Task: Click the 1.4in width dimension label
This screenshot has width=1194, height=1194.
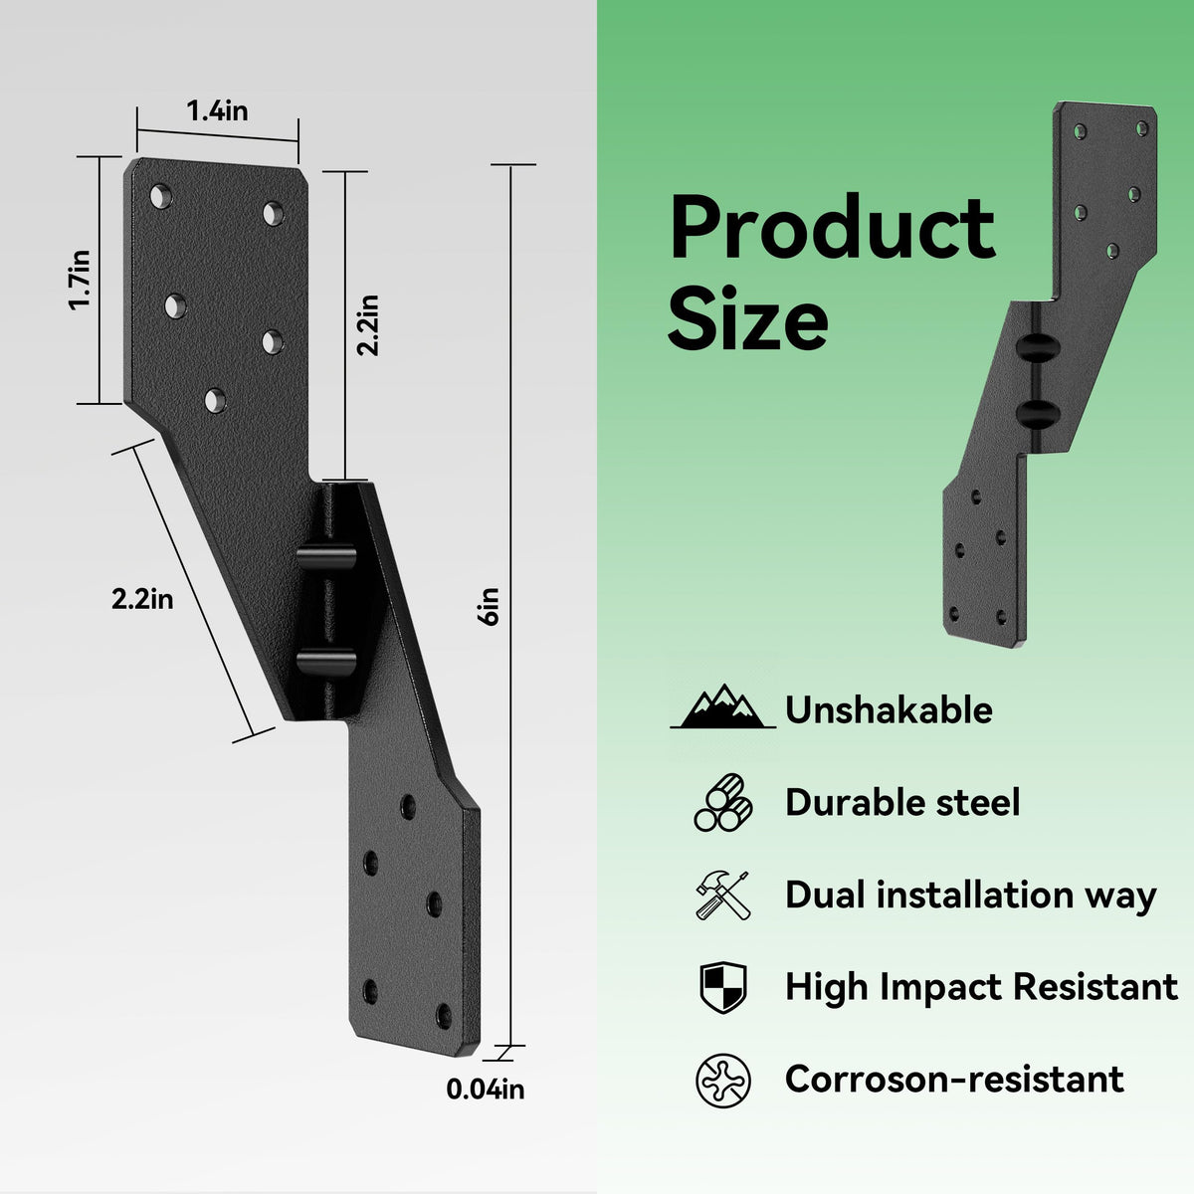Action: click(x=217, y=111)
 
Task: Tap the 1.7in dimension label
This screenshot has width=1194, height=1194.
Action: click(x=80, y=280)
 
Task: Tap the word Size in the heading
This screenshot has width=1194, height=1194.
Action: click(x=747, y=319)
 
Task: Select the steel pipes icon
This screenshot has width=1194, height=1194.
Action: click(x=722, y=802)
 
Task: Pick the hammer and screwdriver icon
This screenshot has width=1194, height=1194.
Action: click(x=722, y=895)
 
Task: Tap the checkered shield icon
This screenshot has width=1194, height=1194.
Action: click(x=723, y=987)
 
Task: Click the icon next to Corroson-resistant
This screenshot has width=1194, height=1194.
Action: click(x=723, y=1081)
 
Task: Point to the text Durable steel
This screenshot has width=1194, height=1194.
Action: click(x=902, y=802)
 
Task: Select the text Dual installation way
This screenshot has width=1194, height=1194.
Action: click(x=971, y=895)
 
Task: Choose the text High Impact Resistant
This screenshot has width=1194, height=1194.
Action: click(x=981, y=986)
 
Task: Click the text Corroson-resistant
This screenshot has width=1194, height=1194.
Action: click(x=954, y=1079)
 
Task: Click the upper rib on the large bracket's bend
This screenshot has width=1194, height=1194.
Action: click(x=326, y=556)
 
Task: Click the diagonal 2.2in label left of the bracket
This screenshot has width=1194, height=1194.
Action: click(x=142, y=599)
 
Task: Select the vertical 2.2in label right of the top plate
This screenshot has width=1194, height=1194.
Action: click(x=367, y=324)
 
